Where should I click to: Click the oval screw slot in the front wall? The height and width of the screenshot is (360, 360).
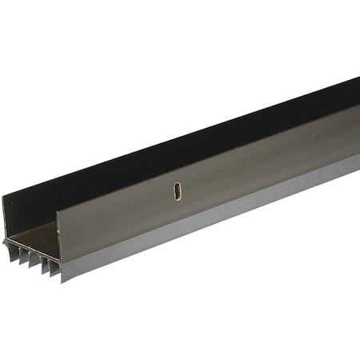click(177, 192)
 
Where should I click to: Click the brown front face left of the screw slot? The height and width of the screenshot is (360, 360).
click(120, 216)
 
